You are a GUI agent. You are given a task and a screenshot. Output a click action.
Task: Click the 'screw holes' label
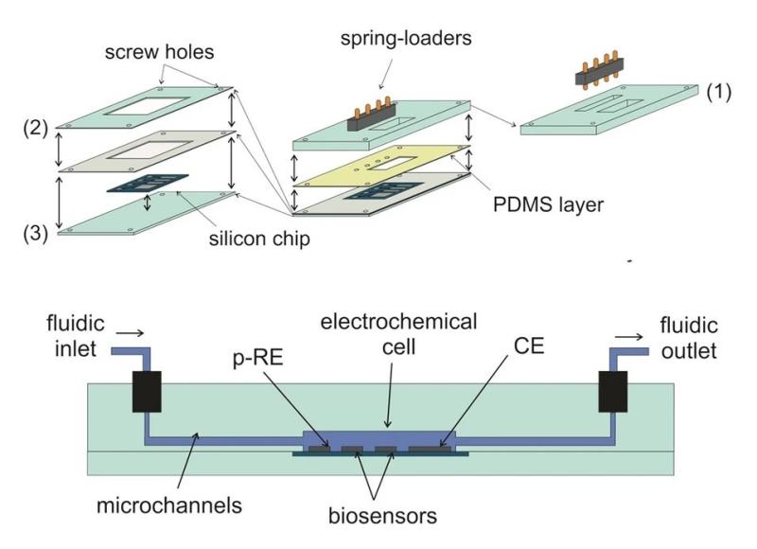(x=159, y=52)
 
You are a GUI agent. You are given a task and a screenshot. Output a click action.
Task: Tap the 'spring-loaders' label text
(x=406, y=38)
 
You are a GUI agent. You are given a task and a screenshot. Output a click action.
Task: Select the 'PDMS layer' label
(x=548, y=204)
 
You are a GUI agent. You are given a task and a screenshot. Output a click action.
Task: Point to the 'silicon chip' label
(x=259, y=239)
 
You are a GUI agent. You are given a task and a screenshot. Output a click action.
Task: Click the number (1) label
(x=719, y=92)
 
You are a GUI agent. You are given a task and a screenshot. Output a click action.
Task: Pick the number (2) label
(x=36, y=129)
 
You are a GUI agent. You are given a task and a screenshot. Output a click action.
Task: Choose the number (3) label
(x=36, y=234)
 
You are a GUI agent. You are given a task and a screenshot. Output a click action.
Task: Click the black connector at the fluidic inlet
(x=147, y=392)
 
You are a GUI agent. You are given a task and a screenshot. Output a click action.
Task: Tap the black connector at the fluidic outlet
(x=612, y=392)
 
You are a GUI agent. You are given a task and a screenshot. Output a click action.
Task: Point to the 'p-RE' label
(x=257, y=359)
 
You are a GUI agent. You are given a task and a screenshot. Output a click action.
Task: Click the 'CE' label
(x=529, y=345)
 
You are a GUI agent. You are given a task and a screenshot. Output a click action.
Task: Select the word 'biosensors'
(x=382, y=516)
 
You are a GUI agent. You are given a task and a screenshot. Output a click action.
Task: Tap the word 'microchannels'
(x=169, y=505)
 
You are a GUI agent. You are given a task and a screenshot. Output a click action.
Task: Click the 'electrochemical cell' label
(x=398, y=334)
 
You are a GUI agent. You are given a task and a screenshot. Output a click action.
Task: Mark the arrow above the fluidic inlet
(x=130, y=332)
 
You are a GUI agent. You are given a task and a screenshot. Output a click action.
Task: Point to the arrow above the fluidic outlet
(x=628, y=337)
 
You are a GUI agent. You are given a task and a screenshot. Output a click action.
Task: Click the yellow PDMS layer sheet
(x=381, y=166)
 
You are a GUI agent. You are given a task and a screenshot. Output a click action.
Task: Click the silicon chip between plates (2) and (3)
(x=148, y=183)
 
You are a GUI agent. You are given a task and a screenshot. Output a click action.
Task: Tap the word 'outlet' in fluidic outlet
(x=689, y=351)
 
